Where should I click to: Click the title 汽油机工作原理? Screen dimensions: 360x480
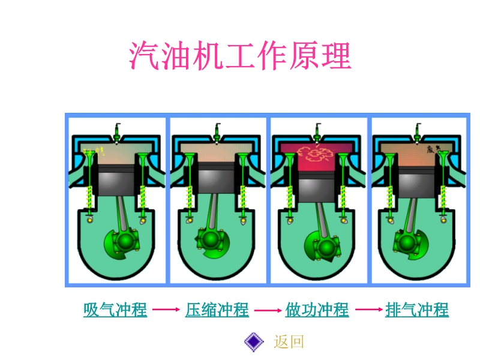(239, 57)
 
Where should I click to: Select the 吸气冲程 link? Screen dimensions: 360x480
(115, 310)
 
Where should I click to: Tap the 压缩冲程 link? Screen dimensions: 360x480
(217, 310)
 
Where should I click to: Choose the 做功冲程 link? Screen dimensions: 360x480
(317, 310)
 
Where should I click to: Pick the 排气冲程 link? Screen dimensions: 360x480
(417, 310)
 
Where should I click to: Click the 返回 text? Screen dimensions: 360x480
(289, 342)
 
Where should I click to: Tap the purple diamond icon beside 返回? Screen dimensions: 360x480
(254, 342)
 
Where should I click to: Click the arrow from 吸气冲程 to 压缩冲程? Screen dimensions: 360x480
(166, 310)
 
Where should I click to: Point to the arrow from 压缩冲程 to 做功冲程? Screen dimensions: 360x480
(267, 310)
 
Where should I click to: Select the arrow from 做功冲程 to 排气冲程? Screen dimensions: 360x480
(368, 310)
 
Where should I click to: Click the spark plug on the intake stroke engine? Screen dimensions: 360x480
(118, 130)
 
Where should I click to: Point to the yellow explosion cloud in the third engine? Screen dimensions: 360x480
(316, 154)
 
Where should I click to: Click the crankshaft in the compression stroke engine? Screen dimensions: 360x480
(210, 239)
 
